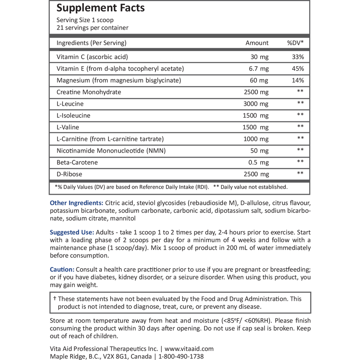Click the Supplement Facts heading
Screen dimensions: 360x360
(100, 8)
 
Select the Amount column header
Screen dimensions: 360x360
(257, 43)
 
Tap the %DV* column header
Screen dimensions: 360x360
(295, 43)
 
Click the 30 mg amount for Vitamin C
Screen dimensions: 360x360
(259, 57)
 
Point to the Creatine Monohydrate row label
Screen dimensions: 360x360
(89, 92)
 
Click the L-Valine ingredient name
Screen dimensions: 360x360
(68, 127)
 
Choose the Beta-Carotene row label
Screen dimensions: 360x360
(77, 162)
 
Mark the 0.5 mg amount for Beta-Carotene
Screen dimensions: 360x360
(258, 162)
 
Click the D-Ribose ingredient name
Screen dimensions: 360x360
(69, 174)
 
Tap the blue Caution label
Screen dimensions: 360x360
(62, 270)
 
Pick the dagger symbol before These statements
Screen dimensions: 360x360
(55, 299)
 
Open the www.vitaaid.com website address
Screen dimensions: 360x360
(189, 349)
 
